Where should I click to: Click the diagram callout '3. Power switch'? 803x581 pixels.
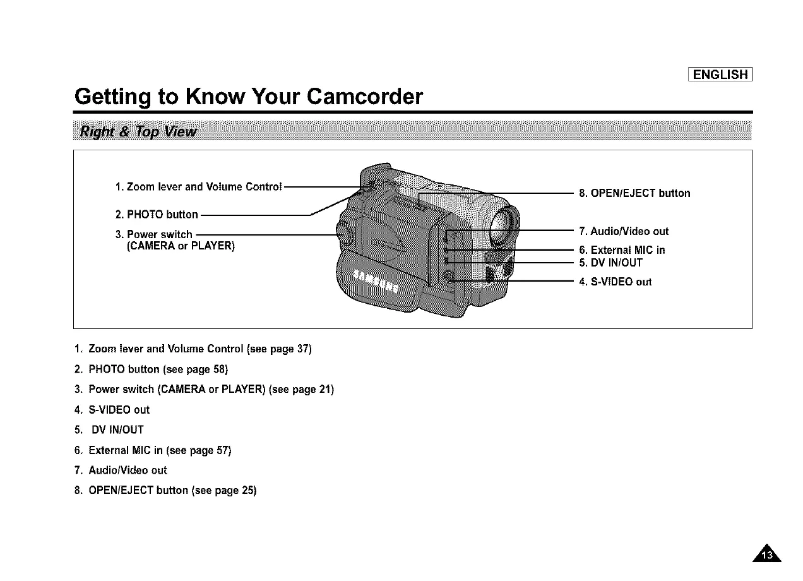pos(153,235)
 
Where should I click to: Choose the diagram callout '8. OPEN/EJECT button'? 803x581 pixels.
pos(634,193)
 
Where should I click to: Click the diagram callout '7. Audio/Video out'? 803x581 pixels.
pos(623,231)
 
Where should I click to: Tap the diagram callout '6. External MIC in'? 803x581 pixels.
pos(621,250)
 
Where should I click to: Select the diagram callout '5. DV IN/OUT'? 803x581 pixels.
pos(610,263)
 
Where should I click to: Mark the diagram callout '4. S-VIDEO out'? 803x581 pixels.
pos(615,282)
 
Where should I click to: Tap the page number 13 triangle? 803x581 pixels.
pos(767,553)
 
